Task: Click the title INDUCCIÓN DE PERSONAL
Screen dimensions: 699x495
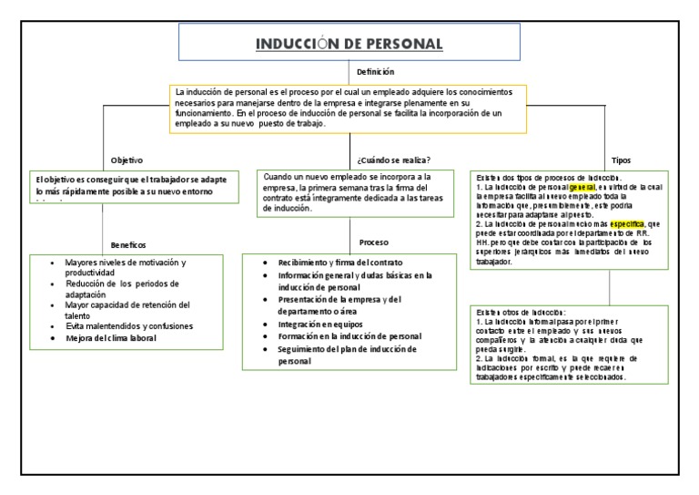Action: (x=349, y=44)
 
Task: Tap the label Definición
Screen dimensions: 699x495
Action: (x=375, y=71)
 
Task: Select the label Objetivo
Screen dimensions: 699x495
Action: (x=127, y=159)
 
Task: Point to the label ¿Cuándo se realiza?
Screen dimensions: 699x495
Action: (x=394, y=159)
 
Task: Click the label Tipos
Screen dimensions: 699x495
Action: (x=621, y=159)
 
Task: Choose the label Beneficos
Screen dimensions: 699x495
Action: (x=128, y=244)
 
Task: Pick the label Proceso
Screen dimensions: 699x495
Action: (x=374, y=242)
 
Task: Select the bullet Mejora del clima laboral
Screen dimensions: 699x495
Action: (x=111, y=338)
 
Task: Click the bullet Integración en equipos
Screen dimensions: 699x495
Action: (x=320, y=324)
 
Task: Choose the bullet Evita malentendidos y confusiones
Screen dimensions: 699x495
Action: (x=129, y=325)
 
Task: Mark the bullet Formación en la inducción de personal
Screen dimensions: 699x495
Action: (x=349, y=336)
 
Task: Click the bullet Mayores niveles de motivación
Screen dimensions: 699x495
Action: (x=125, y=263)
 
